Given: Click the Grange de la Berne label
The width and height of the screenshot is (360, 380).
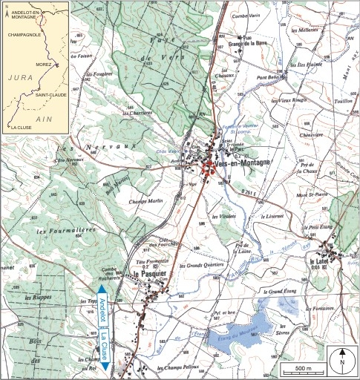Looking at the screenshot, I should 249,44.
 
